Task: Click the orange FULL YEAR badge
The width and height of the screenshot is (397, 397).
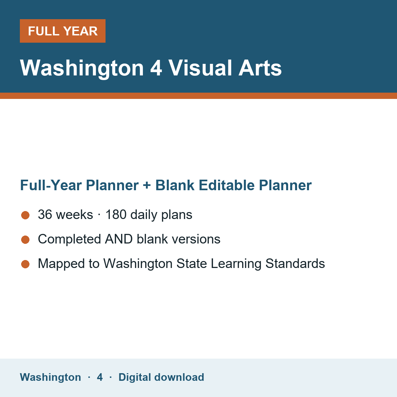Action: pyautogui.click(x=63, y=31)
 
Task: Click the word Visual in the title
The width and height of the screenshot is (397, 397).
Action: pyautogui.click(x=200, y=68)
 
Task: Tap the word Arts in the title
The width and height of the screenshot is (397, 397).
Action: pyautogui.click(x=260, y=68)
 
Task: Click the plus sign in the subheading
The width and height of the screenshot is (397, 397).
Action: pyautogui.click(x=147, y=185)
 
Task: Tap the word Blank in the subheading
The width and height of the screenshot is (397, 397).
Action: pyautogui.click(x=175, y=185)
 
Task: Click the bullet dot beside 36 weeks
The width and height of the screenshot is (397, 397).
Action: pyautogui.click(x=25, y=215)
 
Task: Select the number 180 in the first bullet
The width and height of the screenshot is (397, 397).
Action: pyautogui.click(x=116, y=214)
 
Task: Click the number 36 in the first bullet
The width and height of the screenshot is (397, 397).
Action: pyautogui.click(x=45, y=214)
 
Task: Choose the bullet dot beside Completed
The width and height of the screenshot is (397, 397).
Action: pyautogui.click(x=25, y=240)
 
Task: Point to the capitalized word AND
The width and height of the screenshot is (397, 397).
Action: pyautogui.click(x=119, y=239)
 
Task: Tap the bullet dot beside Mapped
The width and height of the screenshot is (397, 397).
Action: pyautogui.click(x=25, y=264)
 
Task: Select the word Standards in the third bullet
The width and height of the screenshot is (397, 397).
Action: pyautogui.click(x=295, y=263)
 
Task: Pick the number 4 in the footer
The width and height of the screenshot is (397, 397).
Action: pyautogui.click(x=100, y=377)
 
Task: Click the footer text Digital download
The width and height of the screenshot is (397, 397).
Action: pyautogui.click(x=161, y=377)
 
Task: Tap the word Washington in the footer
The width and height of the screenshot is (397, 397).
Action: pyautogui.click(x=51, y=377)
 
